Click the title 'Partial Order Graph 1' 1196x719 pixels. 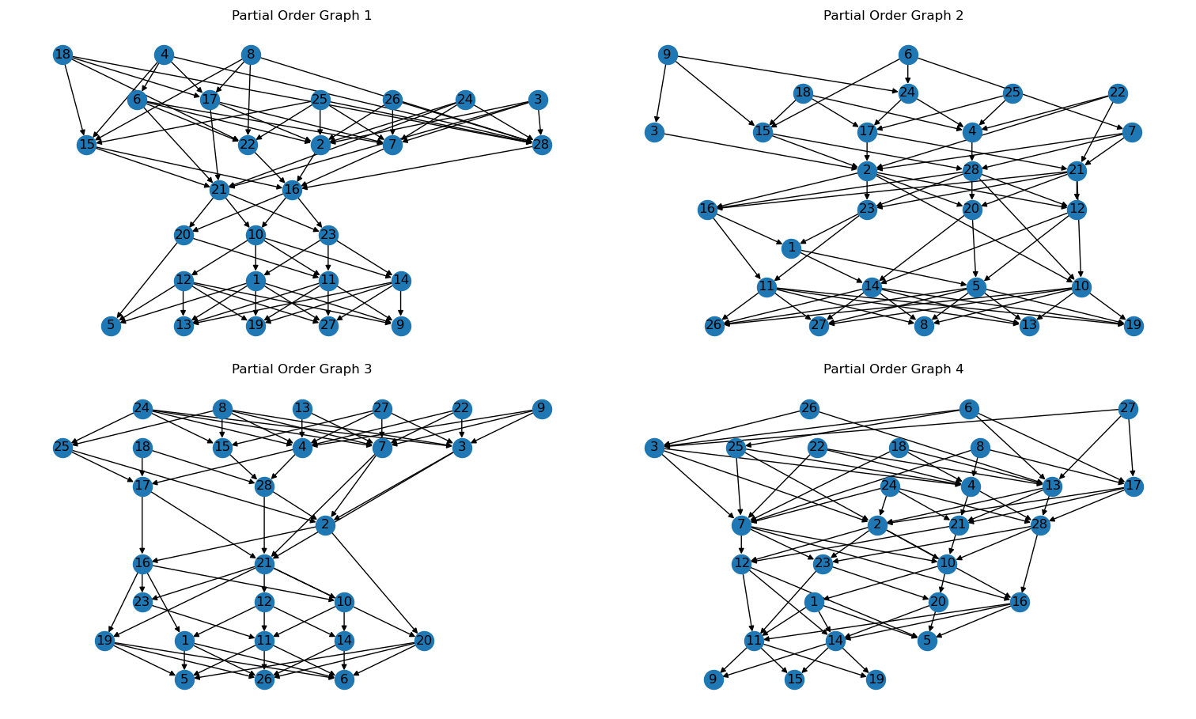coord(301,16)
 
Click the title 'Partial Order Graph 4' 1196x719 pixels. coord(893,369)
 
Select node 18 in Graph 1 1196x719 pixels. coord(62,55)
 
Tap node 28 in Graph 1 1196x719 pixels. coord(542,145)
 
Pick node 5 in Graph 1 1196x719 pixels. coord(111,326)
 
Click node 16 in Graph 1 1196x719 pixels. coord(292,190)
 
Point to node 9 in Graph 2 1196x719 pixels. coord(668,55)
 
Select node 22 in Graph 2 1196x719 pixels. coord(1117,93)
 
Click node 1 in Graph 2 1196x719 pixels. coord(791,248)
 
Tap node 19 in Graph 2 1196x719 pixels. coord(1134,326)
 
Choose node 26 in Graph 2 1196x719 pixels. coord(714,326)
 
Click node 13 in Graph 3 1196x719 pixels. coord(302,409)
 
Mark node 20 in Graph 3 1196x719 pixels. coord(424,641)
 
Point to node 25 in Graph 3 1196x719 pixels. coord(62,448)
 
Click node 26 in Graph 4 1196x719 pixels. coord(809,409)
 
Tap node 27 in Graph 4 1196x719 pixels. coord(1128,409)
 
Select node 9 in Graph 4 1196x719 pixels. coord(713,679)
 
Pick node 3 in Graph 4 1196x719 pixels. coord(653,448)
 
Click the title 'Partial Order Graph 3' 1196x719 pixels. coord(301,369)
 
